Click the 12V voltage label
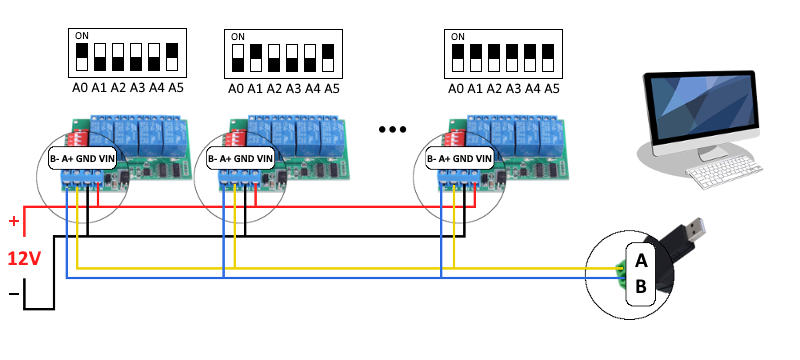coord(25,259)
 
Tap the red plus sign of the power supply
coord(13,221)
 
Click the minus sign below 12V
coord(13,294)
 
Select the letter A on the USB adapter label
coord(641,260)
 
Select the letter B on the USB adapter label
coord(641,287)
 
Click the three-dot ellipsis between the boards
coord(393,129)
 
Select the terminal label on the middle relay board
coord(240,158)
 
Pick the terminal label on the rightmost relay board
coord(460,158)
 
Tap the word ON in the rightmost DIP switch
coord(458,36)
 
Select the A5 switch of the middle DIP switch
coord(330,56)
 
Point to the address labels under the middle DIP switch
coord(284,89)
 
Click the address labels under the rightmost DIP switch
coord(504,89)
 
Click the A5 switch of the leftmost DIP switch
coord(172,56)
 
